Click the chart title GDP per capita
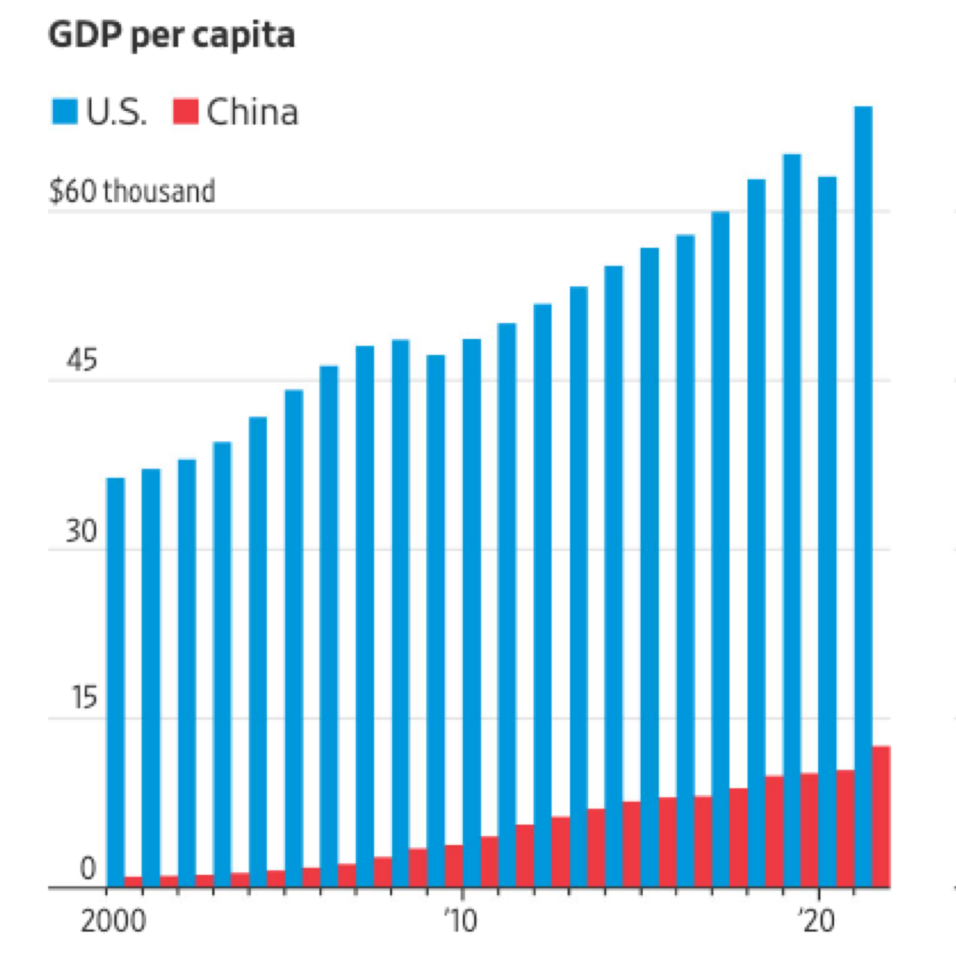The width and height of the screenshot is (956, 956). coord(171,35)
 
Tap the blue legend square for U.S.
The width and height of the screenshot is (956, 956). coord(64,112)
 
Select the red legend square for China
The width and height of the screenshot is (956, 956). coord(185,112)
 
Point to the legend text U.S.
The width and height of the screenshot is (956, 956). coord(116,112)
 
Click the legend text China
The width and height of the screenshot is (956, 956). coord(252,112)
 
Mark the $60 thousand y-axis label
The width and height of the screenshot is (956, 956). coord(132,191)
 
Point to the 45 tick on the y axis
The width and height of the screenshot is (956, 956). coord(82,361)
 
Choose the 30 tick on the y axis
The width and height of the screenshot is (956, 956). coord(82,531)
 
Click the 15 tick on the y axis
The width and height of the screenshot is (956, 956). coord(84,698)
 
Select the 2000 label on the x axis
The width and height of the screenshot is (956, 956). coord(113,921)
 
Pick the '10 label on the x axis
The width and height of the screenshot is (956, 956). coord(461,921)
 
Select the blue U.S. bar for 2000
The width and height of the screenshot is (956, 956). coord(116,682)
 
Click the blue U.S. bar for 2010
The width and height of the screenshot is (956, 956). coord(472,613)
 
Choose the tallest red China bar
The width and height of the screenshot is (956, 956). coord(880,817)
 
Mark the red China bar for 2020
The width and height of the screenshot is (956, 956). coord(845,829)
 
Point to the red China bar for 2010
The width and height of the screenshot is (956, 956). coord(489,862)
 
